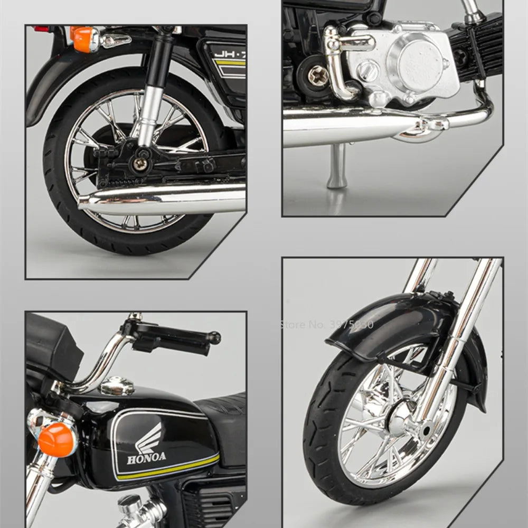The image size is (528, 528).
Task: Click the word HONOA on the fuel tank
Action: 146,457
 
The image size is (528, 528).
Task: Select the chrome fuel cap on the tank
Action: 117,386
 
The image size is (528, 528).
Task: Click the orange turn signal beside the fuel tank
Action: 56,439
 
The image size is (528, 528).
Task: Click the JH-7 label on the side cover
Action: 229,53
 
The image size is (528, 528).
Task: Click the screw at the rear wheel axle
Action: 140,164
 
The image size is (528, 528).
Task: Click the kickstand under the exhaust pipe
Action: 336,166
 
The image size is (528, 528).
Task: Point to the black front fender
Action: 391,325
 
